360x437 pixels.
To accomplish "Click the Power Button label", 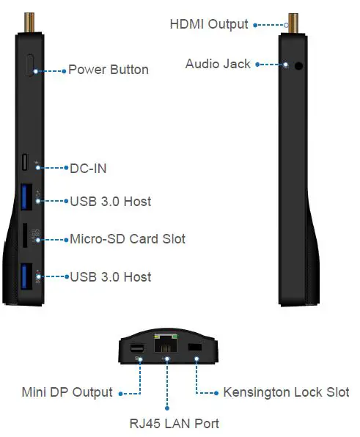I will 108,70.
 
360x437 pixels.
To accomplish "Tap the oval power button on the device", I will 30,65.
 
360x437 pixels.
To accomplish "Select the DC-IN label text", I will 87,169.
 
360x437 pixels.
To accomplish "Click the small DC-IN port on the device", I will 26,162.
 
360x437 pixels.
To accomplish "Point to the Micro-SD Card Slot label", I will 127,239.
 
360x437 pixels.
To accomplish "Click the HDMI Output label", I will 209,24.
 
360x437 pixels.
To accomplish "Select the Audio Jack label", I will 218,64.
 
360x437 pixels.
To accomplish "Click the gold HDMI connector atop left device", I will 30,21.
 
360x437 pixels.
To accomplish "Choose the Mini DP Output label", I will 67,392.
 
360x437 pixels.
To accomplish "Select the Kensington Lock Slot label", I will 285,392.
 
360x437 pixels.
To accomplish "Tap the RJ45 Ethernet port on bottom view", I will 166,345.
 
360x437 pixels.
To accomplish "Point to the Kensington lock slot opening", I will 194,346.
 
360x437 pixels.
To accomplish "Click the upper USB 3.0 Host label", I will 110,200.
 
